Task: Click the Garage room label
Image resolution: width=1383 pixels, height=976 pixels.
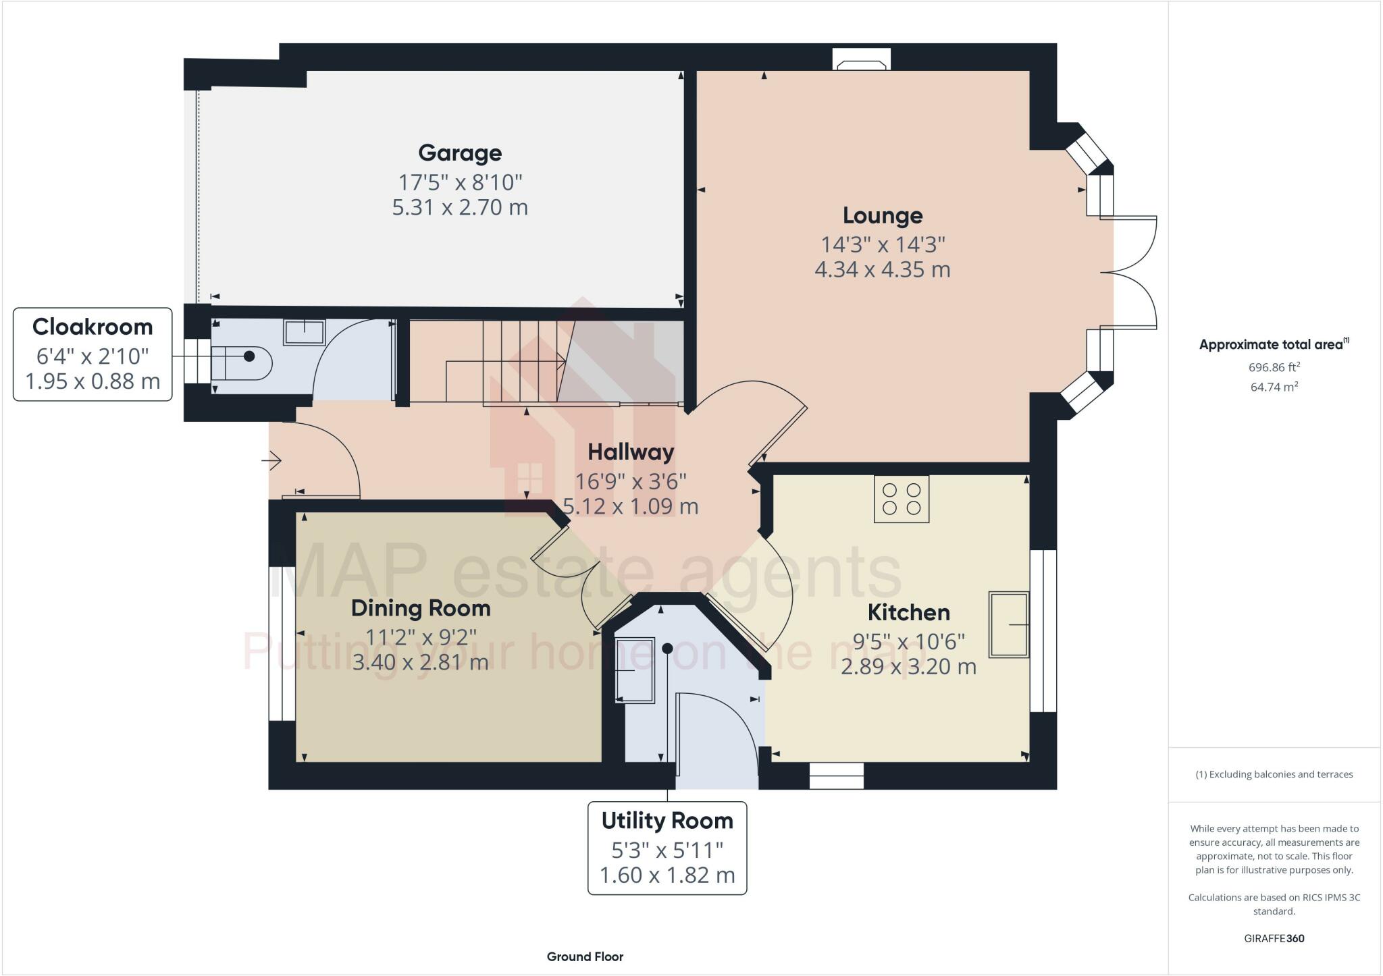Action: click(x=460, y=153)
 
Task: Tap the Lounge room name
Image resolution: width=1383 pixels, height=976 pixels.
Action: click(x=883, y=215)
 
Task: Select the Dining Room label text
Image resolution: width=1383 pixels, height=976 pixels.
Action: click(x=421, y=608)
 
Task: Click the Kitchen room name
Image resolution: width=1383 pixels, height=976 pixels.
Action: click(x=908, y=612)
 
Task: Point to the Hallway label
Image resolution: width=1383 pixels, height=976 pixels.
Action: click(x=631, y=452)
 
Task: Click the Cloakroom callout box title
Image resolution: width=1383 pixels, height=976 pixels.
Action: click(x=93, y=327)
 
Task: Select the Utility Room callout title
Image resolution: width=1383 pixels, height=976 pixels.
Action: click(x=667, y=821)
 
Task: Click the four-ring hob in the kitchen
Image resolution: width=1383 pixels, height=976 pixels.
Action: click(x=902, y=499)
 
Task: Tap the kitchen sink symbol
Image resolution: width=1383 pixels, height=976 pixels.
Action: click(x=1009, y=624)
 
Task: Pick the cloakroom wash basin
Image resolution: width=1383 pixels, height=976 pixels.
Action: click(x=305, y=331)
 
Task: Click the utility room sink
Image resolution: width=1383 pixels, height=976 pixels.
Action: click(x=635, y=670)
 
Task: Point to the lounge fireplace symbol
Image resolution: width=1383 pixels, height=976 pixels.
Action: click(x=862, y=61)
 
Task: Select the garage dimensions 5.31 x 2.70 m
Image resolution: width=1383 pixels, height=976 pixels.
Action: click(x=460, y=207)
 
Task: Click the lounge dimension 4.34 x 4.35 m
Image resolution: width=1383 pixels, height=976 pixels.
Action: click(x=883, y=269)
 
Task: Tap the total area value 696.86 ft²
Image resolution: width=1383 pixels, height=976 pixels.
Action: click(x=1274, y=367)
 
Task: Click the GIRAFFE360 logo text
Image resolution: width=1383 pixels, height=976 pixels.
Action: click(x=1274, y=938)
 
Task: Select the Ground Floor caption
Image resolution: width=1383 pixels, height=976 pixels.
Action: click(x=585, y=956)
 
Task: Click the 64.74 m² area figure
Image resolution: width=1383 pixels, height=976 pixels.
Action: click(x=1274, y=387)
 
